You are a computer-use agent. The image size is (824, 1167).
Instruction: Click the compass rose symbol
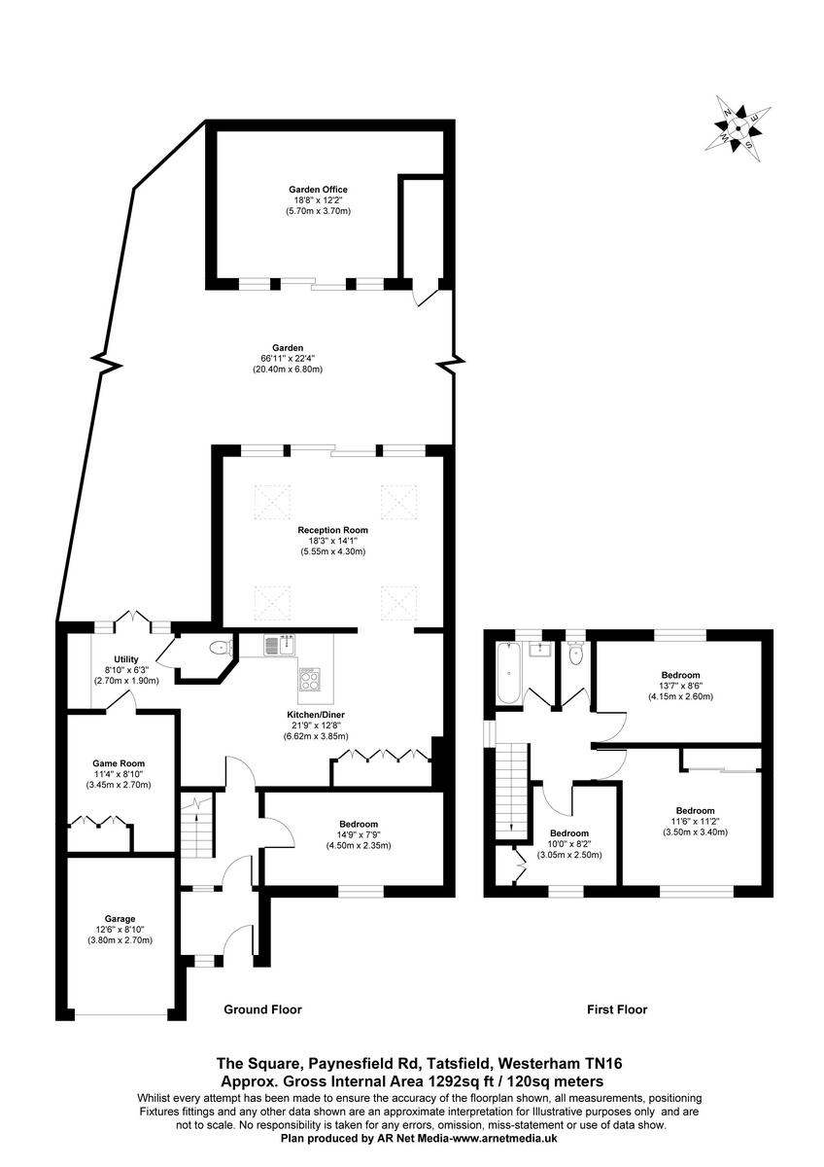point(738,124)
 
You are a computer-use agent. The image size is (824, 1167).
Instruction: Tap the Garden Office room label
point(317,190)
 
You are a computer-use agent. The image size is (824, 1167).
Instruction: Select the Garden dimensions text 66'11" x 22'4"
point(288,359)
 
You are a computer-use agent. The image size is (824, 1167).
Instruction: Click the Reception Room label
point(332,530)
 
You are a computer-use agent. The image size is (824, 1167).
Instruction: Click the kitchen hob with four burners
point(311,678)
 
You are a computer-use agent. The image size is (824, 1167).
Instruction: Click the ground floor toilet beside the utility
point(219,647)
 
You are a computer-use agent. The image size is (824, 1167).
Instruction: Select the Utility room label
point(113,659)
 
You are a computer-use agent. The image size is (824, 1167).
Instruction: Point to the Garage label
point(120,918)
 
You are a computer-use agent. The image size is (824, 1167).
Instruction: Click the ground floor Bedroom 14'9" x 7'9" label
point(359,824)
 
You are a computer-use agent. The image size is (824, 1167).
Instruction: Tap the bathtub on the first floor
point(507,671)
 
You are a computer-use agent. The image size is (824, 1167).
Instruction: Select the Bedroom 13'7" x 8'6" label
point(680,674)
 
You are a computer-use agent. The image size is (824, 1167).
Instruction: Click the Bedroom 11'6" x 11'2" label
point(695,810)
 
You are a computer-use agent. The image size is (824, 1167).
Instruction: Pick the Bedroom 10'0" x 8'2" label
point(568,833)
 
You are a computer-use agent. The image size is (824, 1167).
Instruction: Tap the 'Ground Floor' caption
point(262,1009)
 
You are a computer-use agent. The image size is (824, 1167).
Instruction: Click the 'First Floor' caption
point(617,1009)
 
